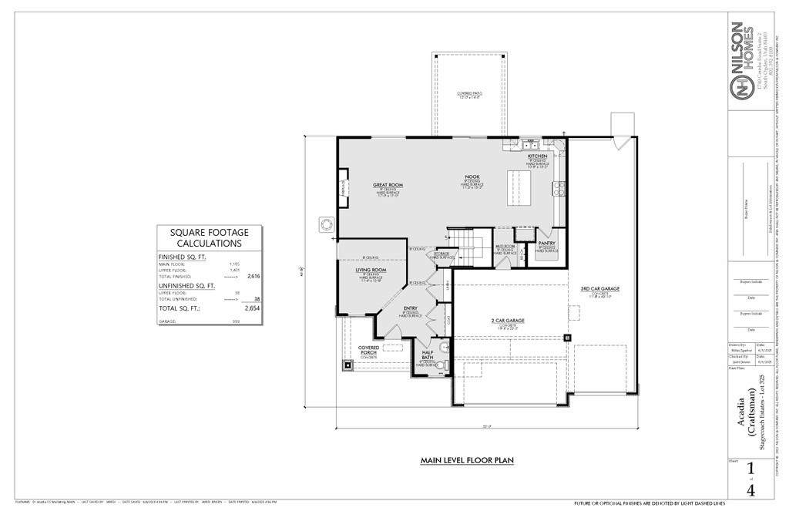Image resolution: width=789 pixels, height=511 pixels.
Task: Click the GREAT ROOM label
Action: click(x=388, y=185)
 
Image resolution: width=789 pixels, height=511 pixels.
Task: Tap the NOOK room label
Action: click(x=472, y=176)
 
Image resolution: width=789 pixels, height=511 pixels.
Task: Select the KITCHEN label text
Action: click(x=538, y=156)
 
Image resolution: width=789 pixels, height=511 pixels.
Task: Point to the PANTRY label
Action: click(x=547, y=244)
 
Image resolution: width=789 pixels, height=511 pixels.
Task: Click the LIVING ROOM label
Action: click(x=371, y=270)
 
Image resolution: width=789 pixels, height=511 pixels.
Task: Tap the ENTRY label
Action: click(x=410, y=308)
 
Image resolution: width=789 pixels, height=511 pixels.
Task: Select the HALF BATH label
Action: click(x=427, y=356)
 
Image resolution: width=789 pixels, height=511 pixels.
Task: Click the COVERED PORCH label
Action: click(x=368, y=350)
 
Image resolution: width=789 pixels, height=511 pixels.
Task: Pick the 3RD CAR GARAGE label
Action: click(x=600, y=289)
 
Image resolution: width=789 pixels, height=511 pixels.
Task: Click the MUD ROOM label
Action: click(x=505, y=247)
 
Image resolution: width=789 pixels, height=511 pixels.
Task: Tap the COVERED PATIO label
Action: click(x=468, y=94)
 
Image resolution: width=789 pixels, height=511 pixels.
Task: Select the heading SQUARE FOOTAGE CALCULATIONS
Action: click(x=209, y=237)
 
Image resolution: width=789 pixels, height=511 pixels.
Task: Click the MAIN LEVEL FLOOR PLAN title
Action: click(x=467, y=461)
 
